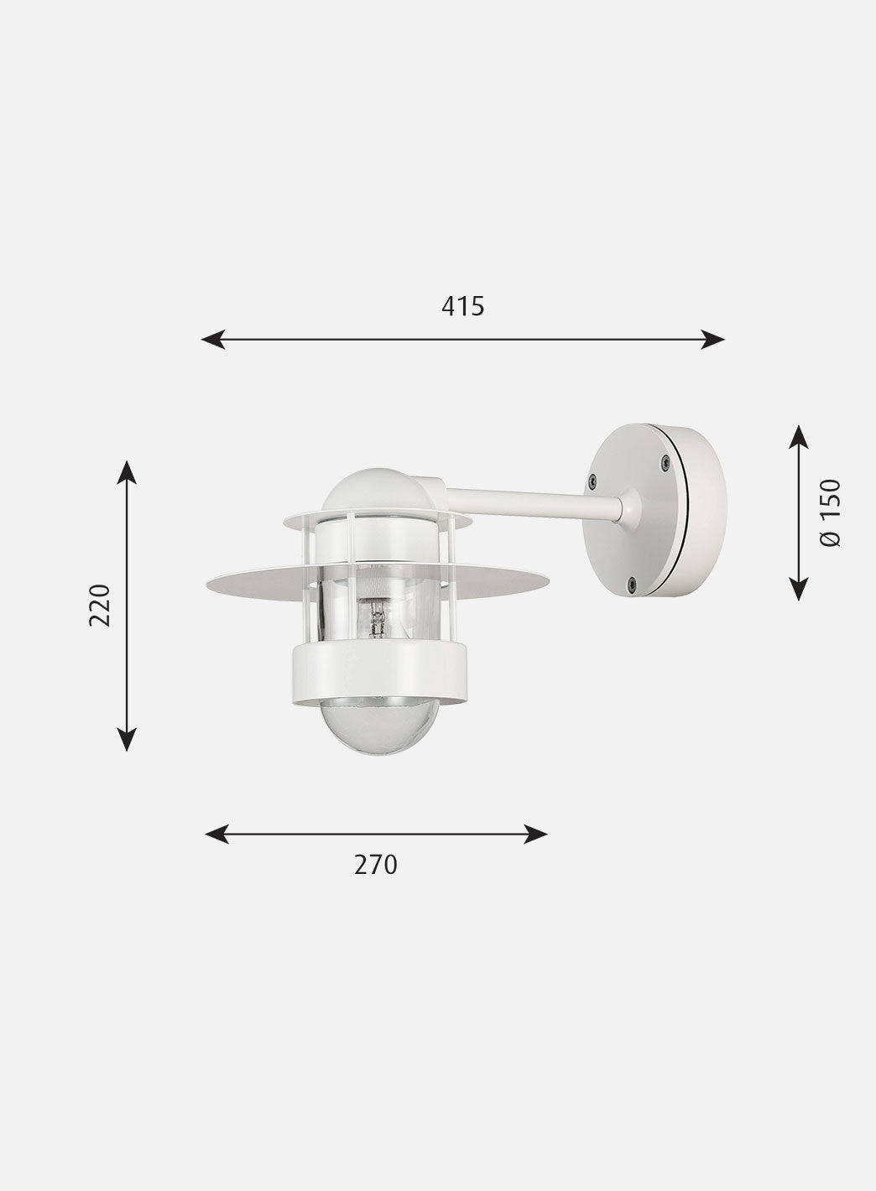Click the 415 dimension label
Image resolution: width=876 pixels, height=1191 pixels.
tap(462, 306)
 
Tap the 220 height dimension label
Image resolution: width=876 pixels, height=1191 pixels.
tap(100, 605)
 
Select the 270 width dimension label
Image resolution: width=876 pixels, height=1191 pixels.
tap(376, 865)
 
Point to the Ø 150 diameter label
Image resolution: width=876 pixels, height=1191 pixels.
tap(830, 512)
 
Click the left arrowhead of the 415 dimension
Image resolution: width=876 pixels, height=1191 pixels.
tap(213, 339)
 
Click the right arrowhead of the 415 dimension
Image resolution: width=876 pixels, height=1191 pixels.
tap(712, 339)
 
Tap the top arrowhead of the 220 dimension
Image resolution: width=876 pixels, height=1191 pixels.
tap(127, 472)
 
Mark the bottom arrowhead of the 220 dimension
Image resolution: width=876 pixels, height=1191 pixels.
tap(127, 740)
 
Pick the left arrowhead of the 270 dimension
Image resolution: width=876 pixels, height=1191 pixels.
tap(216, 835)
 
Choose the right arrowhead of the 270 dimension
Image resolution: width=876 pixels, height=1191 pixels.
tap(535, 835)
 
